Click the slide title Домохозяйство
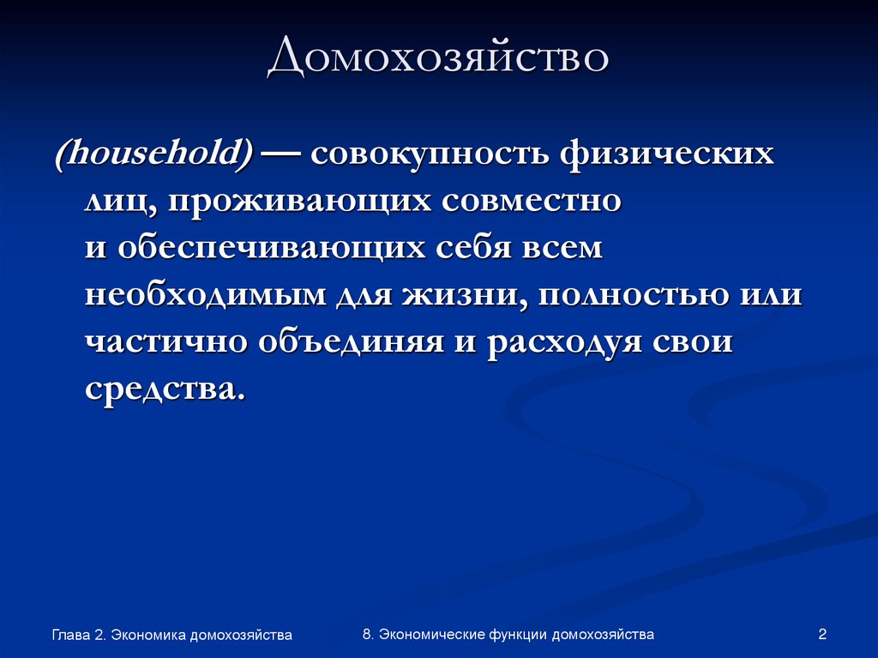click(x=438, y=61)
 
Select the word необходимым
click(x=206, y=295)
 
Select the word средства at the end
click(x=163, y=388)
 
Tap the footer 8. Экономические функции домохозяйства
click(x=508, y=635)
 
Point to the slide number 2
click(x=822, y=635)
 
